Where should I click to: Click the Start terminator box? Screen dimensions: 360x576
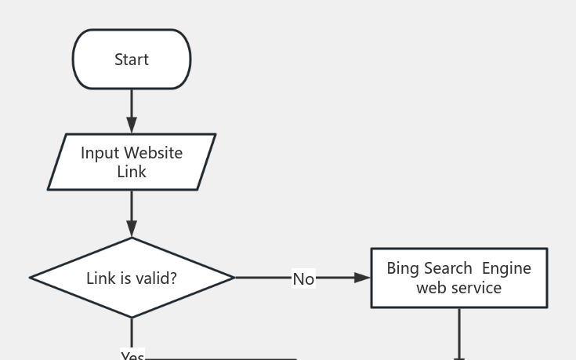click(x=132, y=60)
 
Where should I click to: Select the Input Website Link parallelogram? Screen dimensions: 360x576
click(x=132, y=162)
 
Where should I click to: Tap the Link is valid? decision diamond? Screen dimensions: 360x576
click(x=132, y=278)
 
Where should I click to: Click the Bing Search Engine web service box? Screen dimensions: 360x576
click(x=458, y=278)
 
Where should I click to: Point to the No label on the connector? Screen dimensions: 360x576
click(x=303, y=278)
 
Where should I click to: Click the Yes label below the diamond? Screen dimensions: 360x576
click(x=132, y=355)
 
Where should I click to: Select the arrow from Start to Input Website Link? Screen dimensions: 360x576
click(x=132, y=111)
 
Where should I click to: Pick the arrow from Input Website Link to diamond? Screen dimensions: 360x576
click(x=132, y=213)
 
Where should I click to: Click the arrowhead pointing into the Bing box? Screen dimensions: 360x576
click(x=362, y=278)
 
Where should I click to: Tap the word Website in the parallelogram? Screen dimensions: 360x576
click(x=154, y=153)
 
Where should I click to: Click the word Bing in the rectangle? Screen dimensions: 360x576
click(x=403, y=268)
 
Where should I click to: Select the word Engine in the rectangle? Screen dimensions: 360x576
click(x=506, y=268)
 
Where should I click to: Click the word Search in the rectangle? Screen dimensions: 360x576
click(x=448, y=268)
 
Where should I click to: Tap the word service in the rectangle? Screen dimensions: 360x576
click(x=480, y=288)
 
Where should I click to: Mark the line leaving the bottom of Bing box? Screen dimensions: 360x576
click(x=459, y=333)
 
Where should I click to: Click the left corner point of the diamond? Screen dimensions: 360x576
click(x=31, y=278)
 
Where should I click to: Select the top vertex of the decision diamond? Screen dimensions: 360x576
click(x=132, y=238)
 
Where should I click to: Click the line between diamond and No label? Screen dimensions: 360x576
click(x=263, y=278)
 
